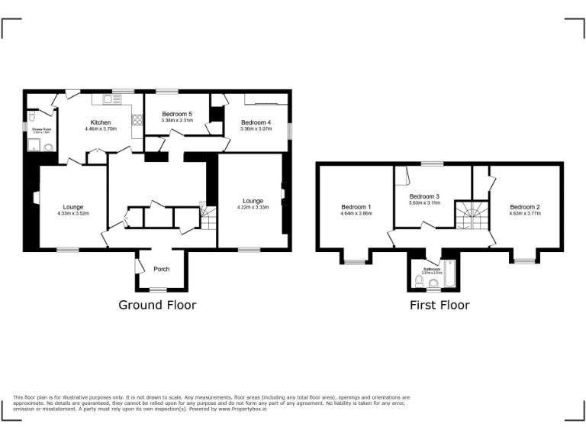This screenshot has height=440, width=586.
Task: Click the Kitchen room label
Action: [101, 122]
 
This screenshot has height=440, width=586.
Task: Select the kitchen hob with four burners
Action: [137, 119]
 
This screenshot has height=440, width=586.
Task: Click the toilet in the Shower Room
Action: [48, 148]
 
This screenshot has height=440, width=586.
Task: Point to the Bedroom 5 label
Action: [176, 114]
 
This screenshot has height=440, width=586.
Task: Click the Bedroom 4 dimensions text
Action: [256, 129]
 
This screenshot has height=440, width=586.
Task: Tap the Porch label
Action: [162, 269]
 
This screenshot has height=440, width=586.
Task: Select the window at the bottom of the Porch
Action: [158, 290]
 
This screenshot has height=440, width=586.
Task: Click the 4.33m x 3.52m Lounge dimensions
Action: [72, 213]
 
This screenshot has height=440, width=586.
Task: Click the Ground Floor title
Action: [157, 305]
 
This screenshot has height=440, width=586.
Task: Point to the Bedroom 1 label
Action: [356, 207]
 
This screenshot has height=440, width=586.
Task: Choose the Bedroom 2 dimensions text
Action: [525, 214]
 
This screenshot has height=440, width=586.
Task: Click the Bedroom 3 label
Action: [425, 196]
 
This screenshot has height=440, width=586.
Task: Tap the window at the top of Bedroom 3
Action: [433, 163]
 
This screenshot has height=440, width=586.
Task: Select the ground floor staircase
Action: [208, 217]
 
